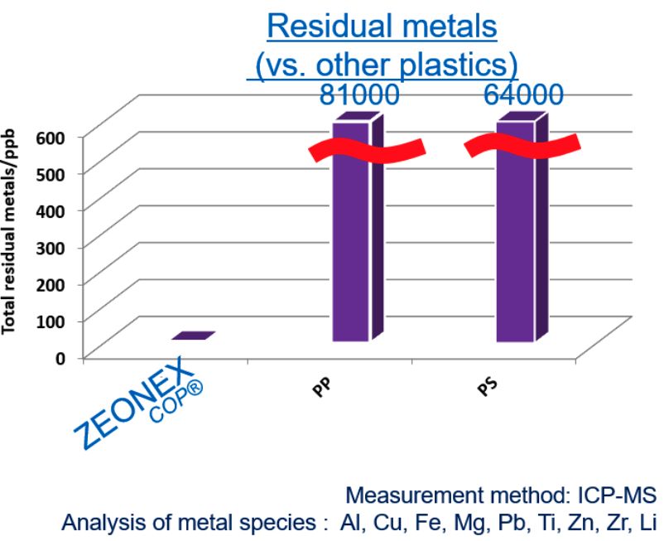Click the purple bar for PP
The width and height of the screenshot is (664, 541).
click(x=351, y=249)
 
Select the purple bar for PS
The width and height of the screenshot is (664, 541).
click(x=515, y=249)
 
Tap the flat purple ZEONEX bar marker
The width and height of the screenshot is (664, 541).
click(x=194, y=336)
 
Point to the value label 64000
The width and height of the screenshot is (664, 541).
click(x=524, y=94)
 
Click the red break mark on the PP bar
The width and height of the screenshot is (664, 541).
click(x=367, y=152)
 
